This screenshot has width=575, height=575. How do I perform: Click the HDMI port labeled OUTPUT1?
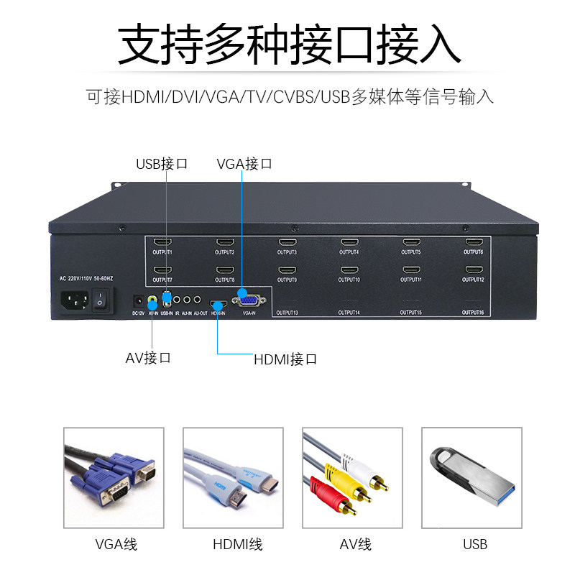tap(162, 243)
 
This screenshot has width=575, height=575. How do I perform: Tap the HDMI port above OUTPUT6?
tap(473, 243)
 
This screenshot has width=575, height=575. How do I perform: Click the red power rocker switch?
tap(103, 297)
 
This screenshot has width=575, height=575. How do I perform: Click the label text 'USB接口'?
tap(162, 163)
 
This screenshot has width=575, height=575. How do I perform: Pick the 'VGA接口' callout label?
tap(244, 163)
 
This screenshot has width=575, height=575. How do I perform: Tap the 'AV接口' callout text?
tap(148, 357)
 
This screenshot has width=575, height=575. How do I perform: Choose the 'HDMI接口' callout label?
tap(285, 359)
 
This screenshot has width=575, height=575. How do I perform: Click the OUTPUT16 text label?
tap(473, 313)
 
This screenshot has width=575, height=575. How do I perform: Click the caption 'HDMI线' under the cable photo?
tap(237, 544)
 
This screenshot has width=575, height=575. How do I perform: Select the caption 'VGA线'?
tap(116, 544)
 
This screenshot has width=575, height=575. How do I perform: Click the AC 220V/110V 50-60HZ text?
tap(86, 278)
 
